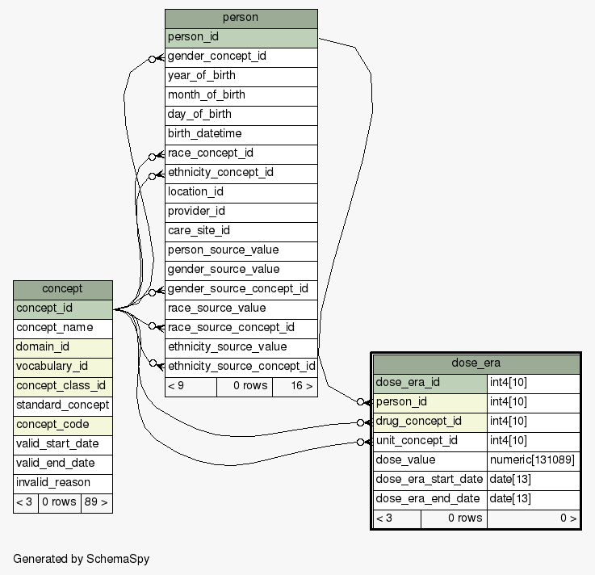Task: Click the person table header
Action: coord(241,18)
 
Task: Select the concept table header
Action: coord(62,289)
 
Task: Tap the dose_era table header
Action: coord(476,363)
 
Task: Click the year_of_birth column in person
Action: coord(241,76)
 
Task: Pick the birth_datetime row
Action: coord(241,134)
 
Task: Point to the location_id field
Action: coord(241,192)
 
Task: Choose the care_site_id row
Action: coord(241,231)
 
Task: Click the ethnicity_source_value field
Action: coord(241,347)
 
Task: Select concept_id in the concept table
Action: coord(62,308)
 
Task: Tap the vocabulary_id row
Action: coord(62,367)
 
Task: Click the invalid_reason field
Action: coord(62,483)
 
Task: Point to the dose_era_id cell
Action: coord(429,383)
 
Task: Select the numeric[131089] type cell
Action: coord(533,460)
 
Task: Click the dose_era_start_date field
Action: coord(429,480)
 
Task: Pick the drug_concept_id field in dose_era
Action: coord(429,422)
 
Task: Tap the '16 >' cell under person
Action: coord(295,386)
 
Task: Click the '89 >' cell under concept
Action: coord(96,502)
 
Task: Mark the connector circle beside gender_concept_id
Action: coord(152,59)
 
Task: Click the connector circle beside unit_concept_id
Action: coord(361,442)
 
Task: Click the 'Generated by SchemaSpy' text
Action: coord(82,559)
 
